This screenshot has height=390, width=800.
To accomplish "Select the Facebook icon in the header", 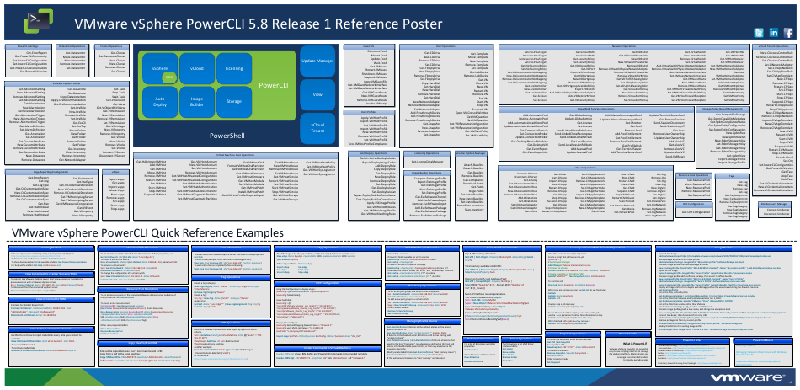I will [x=788, y=31].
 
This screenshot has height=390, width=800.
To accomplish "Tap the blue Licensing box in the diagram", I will [x=234, y=67].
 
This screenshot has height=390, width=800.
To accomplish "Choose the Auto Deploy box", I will [x=160, y=102].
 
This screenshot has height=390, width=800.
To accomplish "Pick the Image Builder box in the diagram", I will [x=197, y=102].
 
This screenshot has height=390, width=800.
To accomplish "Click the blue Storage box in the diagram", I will [x=234, y=101].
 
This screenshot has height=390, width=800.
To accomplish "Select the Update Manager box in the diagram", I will [x=317, y=61].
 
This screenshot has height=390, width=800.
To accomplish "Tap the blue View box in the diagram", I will [x=317, y=95].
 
